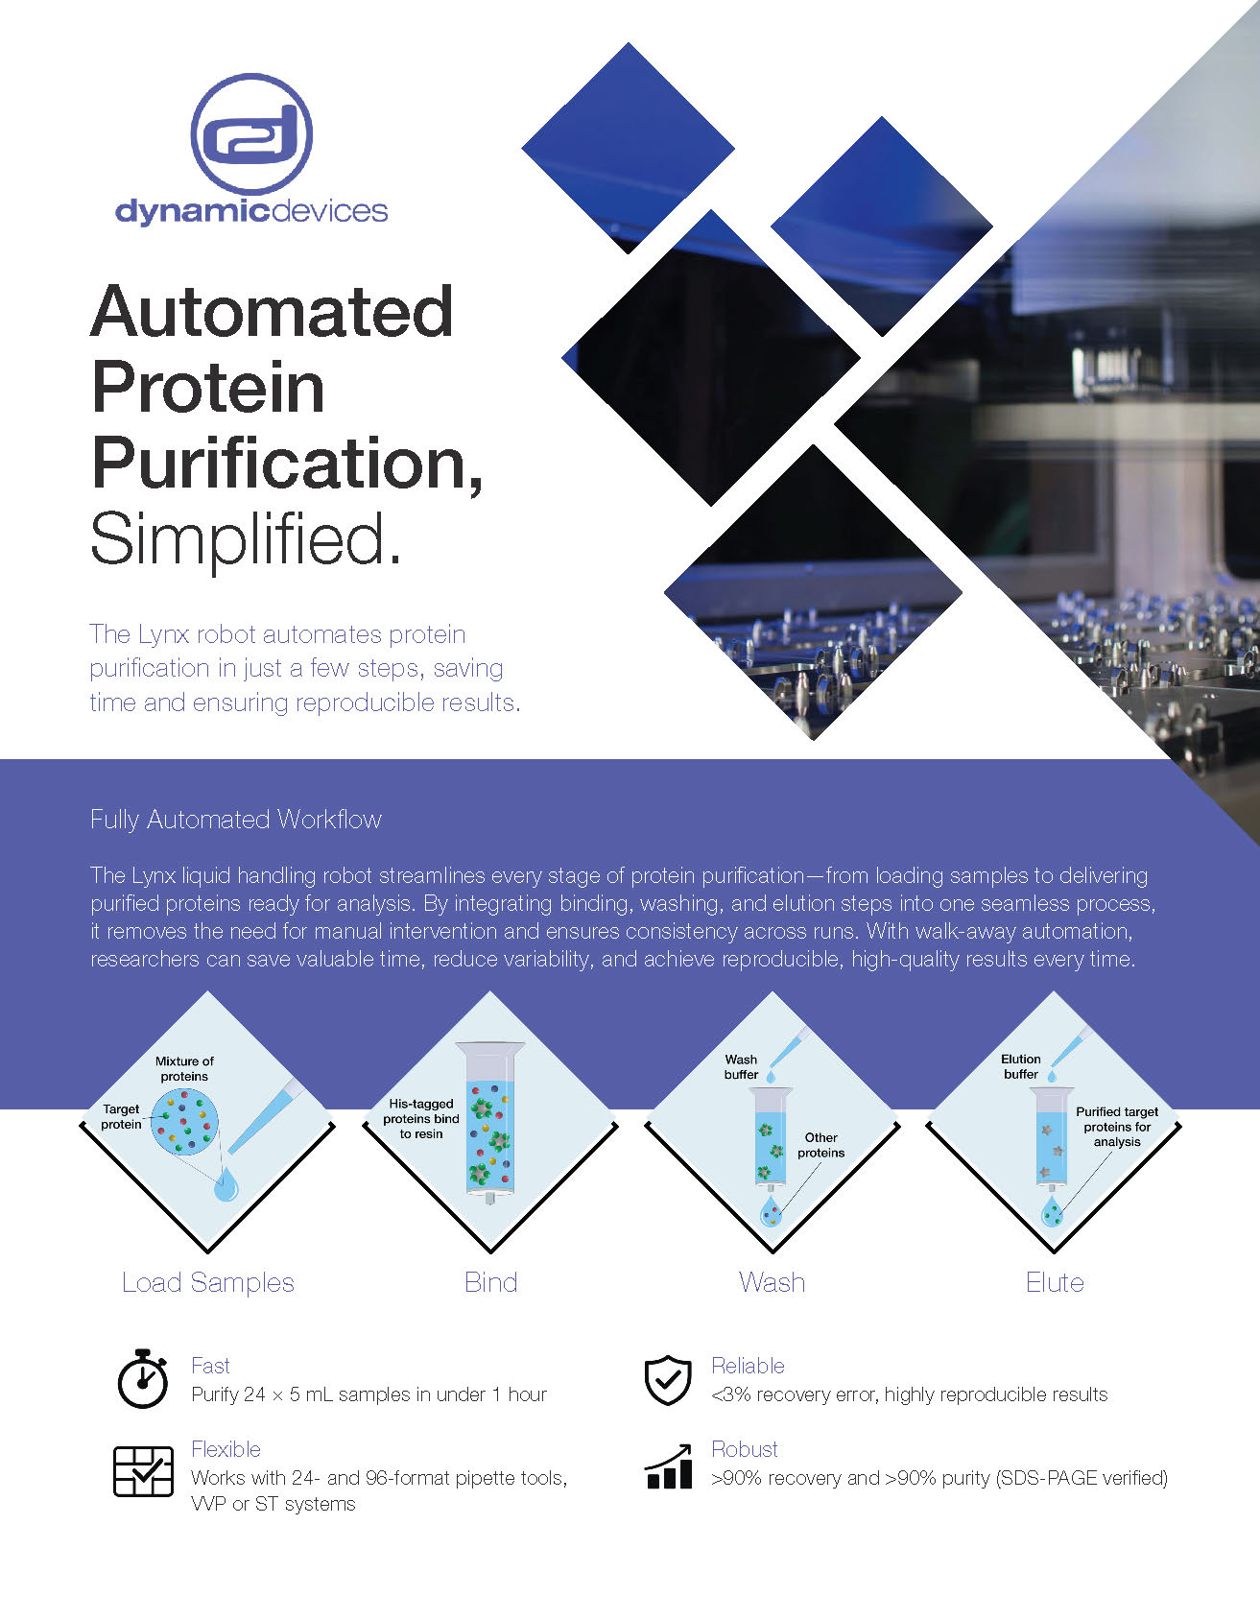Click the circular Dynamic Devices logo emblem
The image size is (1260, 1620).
(251, 134)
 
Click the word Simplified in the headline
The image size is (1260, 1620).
(245, 539)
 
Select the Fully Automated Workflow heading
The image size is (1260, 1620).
(236, 820)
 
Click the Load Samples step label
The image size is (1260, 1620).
(208, 1283)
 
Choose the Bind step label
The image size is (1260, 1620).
(491, 1282)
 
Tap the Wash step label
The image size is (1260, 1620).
(773, 1282)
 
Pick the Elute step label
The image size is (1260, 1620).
(1055, 1282)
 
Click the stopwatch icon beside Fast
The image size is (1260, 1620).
(143, 1379)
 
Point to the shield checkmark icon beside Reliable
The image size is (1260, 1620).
(668, 1381)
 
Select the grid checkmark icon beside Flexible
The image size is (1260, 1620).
(144, 1471)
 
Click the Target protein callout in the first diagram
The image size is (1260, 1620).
(121, 1116)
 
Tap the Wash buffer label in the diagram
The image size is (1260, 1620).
(741, 1067)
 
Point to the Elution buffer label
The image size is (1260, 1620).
(1021, 1066)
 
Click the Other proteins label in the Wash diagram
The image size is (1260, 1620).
(821, 1145)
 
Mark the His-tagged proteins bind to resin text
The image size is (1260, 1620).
(421, 1119)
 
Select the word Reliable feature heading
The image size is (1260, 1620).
(748, 1366)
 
